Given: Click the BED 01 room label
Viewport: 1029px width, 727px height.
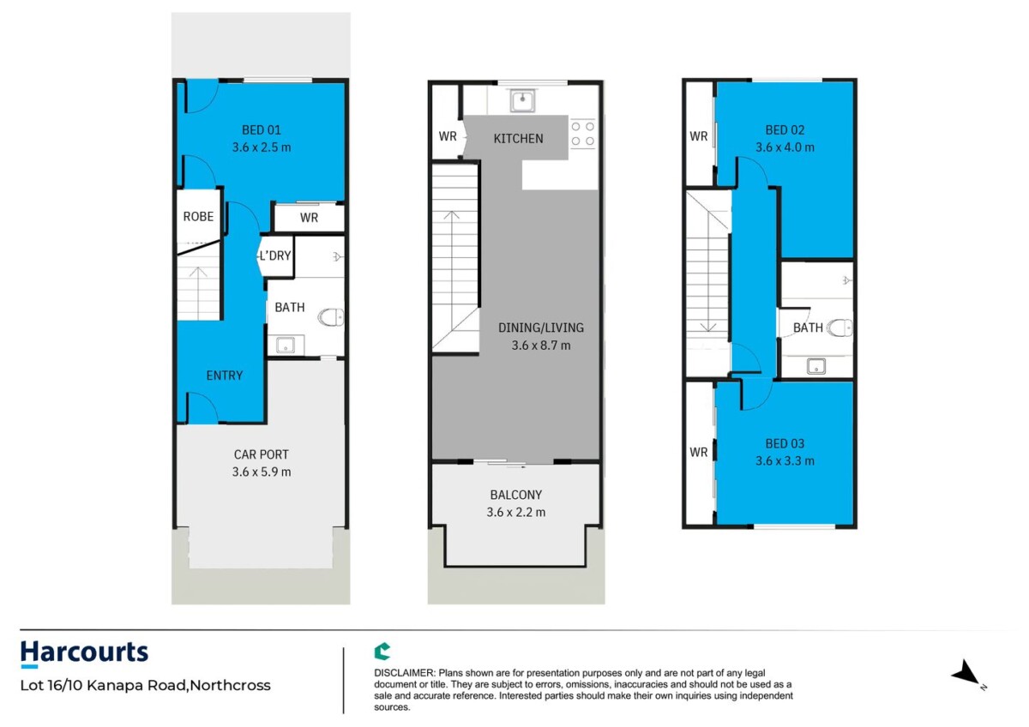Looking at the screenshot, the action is (x=261, y=130).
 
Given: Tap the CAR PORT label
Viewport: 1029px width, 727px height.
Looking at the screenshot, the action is (x=261, y=454).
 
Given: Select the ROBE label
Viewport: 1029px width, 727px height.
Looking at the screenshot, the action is (x=198, y=216).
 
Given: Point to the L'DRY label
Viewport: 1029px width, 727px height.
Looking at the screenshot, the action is (x=274, y=255).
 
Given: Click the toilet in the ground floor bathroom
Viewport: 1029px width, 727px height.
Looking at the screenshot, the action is (x=331, y=316).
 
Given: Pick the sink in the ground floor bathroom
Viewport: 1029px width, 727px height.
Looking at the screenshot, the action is (x=286, y=345).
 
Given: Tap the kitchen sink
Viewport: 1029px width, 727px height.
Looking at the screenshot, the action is (x=522, y=100).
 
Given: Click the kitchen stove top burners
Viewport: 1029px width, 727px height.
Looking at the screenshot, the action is (x=582, y=134).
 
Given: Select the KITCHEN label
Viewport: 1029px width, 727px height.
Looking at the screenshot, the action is (x=518, y=139).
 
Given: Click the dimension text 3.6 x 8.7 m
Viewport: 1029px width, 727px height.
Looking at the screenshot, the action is (x=541, y=345).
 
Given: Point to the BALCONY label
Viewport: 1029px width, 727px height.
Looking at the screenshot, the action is (x=516, y=495).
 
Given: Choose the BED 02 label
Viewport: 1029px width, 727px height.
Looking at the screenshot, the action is (x=785, y=130).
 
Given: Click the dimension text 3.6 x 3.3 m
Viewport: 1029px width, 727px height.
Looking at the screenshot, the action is (x=785, y=460).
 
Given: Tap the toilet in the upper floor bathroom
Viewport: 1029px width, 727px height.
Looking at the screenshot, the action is (x=839, y=327).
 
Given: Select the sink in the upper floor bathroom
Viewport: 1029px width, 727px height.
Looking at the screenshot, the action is (x=815, y=366).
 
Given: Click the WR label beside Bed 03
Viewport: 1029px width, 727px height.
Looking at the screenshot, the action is (x=698, y=453).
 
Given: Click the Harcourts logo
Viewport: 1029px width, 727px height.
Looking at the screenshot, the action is (x=84, y=654).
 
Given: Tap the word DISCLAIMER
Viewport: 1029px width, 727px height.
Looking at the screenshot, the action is (x=404, y=673).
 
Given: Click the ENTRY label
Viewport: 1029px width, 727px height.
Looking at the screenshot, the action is (x=224, y=376).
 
